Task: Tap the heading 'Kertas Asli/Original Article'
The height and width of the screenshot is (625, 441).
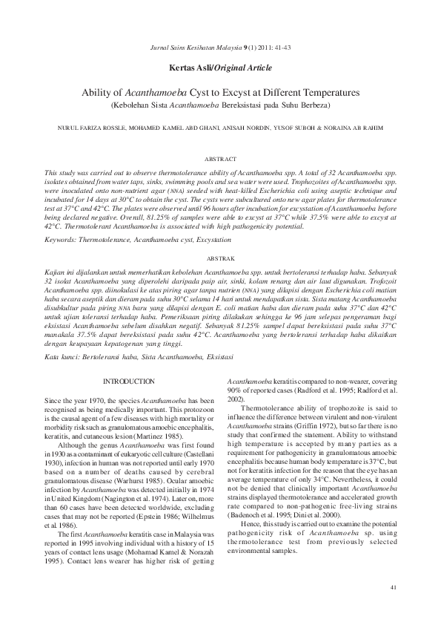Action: [220, 67]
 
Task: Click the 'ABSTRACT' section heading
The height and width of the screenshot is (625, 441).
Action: [220, 159]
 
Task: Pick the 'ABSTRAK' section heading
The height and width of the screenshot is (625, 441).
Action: [220, 258]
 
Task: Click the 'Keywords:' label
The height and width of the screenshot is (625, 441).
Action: [59, 240]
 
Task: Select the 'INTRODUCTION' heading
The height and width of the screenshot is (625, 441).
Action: [129, 382]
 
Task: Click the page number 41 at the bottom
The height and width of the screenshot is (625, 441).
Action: [392, 587]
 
